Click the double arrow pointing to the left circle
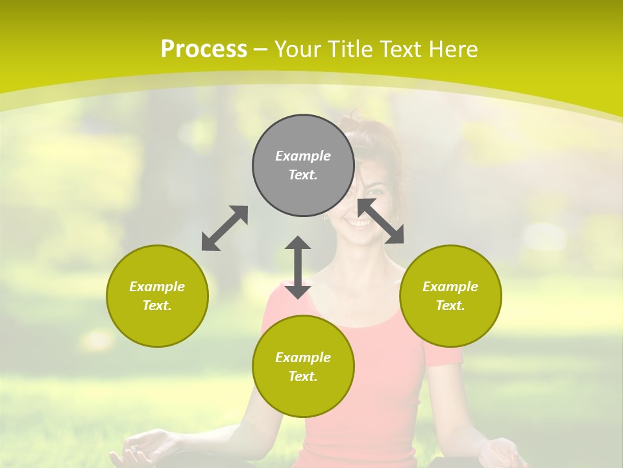pyautogui.click(x=225, y=228)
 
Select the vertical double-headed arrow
pyautogui.click(x=298, y=267)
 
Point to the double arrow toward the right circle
pyautogui.click(x=381, y=221)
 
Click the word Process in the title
pyautogui.click(x=204, y=49)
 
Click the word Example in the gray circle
pyautogui.click(x=303, y=156)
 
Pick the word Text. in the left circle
pyautogui.click(x=157, y=305)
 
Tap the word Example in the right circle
pyautogui.click(x=450, y=287)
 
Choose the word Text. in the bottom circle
pyautogui.click(x=303, y=376)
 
